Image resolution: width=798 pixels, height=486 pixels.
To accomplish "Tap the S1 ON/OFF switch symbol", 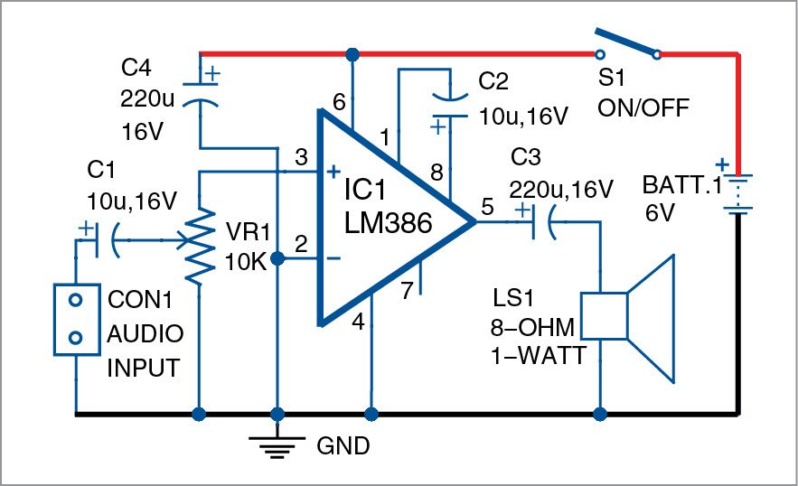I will pos(626,46).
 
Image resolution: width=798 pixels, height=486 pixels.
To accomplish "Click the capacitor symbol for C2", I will pos(448,105).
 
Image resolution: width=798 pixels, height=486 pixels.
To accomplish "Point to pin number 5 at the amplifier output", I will pos(488,207).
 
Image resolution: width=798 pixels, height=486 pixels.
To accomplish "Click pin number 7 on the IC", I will pos(408,291).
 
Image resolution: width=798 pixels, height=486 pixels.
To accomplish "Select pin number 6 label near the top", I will pos(339,103).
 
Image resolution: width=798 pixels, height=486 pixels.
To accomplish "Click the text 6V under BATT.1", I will pos(660,214).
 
